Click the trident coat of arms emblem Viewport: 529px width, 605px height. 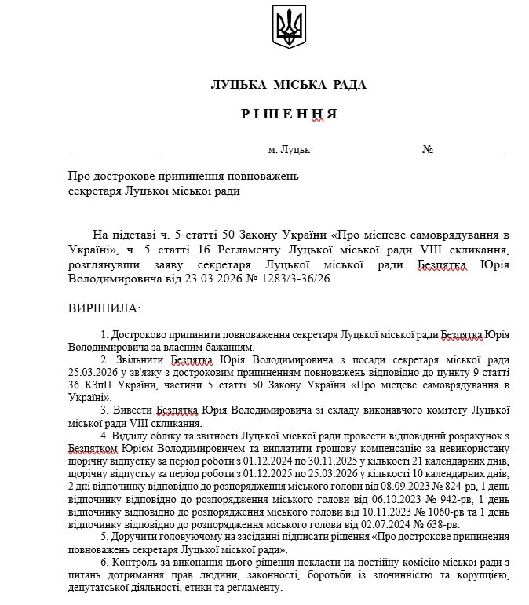click(287, 27)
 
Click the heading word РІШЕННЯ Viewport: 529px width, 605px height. click(289, 114)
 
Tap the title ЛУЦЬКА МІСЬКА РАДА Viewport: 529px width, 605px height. click(288, 85)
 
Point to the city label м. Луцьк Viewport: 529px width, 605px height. click(289, 149)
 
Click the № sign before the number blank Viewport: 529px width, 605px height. click(428, 149)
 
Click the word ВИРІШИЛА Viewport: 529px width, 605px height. click(104, 308)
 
